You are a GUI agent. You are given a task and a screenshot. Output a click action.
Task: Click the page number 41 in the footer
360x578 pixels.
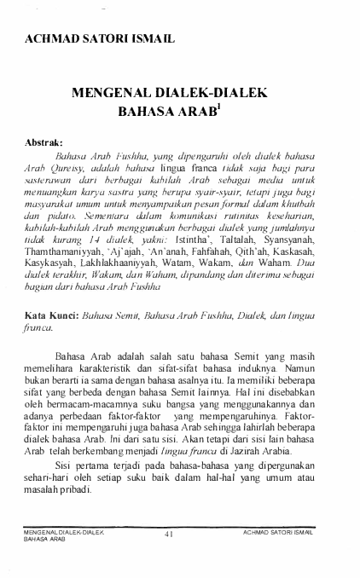[169, 535]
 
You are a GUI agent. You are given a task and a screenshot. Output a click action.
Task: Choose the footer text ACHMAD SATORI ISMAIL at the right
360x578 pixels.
[278, 531]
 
